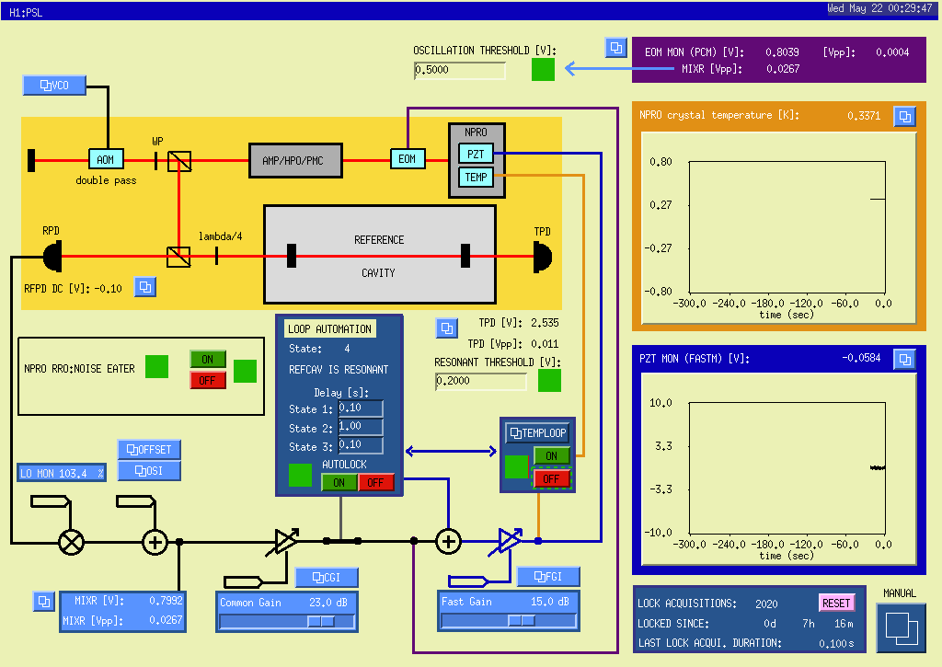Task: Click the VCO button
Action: coord(54,86)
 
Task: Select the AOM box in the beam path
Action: coord(106,159)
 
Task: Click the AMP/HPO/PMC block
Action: coord(295,160)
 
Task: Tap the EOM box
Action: coord(408,158)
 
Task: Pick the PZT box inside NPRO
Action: coord(476,154)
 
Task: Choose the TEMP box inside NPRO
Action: coord(476,178)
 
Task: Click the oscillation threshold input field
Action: coord(460,70)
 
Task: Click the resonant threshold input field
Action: coord(480,381)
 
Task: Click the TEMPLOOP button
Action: coord(537,432)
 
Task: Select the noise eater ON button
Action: coord(208,360)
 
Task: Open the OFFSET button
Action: coord(149,450)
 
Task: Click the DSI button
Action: coord(149,470)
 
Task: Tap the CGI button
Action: coord(327,578)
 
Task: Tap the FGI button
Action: coord(548,577)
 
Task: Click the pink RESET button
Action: coord(836,603)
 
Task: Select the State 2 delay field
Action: coord(361,427)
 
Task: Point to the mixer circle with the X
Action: coord(72,543)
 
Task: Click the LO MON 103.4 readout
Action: coord(62,473)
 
